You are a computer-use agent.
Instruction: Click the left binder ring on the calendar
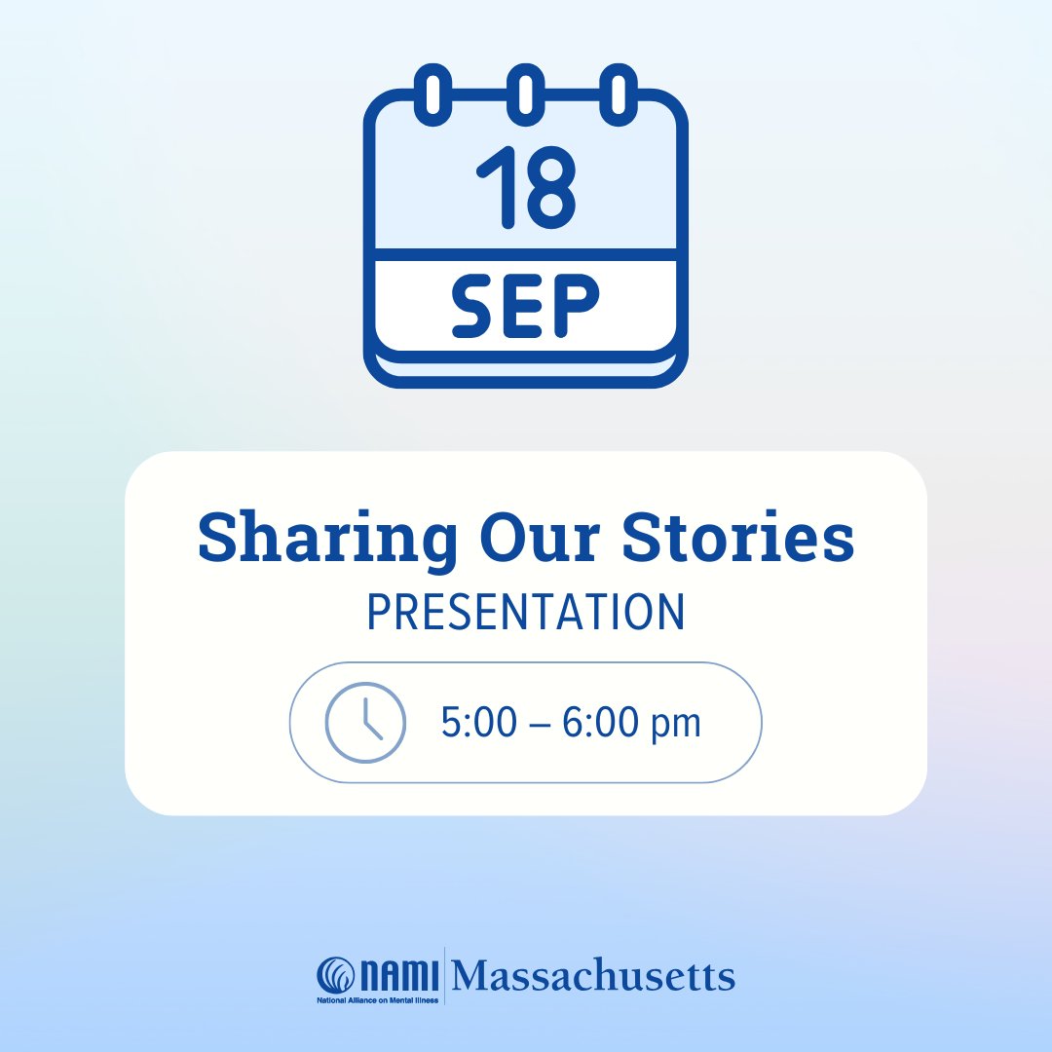tap(432, 94)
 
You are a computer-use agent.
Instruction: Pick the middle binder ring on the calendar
tap(525, 94)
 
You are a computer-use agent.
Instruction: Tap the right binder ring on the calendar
tap(619, 94)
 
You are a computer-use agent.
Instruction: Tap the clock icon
tap(365, 722)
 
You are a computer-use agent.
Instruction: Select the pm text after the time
tap(678, 726)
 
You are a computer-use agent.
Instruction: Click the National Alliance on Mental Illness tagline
tap(378, 999)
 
